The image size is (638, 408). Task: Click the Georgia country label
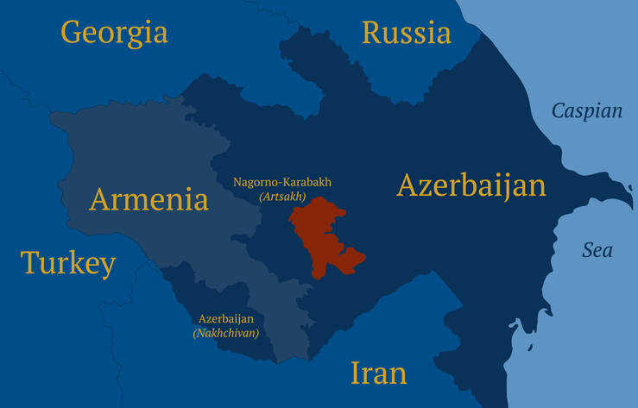click(114, 33)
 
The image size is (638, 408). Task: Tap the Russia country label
click(406, 34)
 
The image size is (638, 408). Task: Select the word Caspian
click(586, 110)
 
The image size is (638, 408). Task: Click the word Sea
click(597, 250)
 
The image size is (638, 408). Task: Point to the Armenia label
click(149, 200)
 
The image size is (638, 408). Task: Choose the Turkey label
click(68, 263)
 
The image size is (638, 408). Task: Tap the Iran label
click(378, 373)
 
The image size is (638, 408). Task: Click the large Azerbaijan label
click(471, 185)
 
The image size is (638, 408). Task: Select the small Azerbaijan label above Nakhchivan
click(226, 318)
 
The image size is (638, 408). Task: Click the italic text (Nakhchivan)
click(226, 332)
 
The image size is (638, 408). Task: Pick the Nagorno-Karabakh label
click(282, 183)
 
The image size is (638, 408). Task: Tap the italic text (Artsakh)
click(282, 198)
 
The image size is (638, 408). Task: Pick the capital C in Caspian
click(558, 110)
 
